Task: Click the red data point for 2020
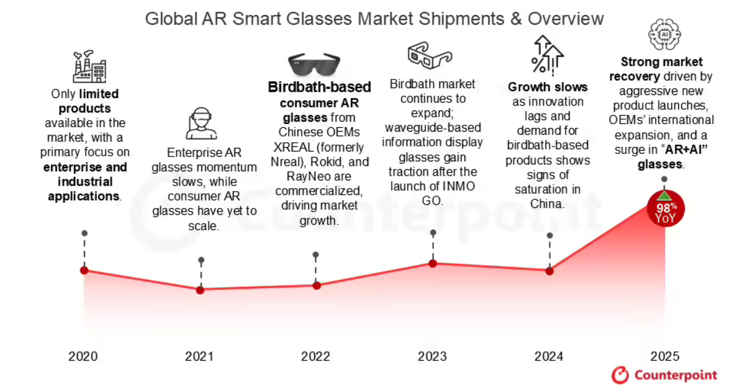coord(84,270)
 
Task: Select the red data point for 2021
coord(200,290)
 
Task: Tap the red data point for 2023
coord(433,263)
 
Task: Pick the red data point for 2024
coord(549,271)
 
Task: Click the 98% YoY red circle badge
coord(665,209)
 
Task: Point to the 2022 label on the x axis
coord(315,356)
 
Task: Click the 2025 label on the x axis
coord(665,356)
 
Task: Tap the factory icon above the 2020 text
coord(89,67)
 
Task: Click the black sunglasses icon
coord(314,63)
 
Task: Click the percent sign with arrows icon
coord(547,55)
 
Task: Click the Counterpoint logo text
coord(675,375)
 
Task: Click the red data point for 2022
coord(316,286)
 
